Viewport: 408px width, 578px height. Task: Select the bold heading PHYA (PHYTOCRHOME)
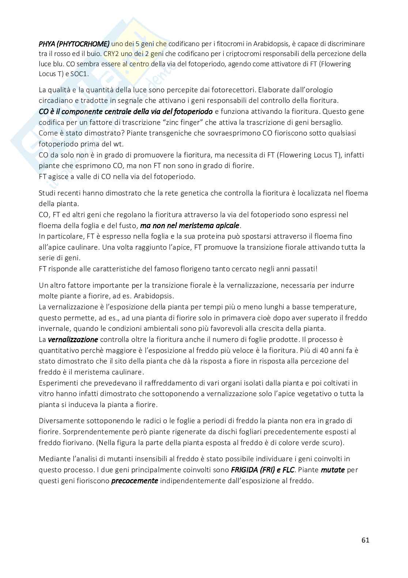click(x=74, y=44)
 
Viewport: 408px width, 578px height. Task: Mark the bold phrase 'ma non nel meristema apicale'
click(x=190, y=225)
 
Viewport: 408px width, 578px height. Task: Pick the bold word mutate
click(x=333, y=470)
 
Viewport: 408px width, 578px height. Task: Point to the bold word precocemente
click(x=135, y=481)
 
